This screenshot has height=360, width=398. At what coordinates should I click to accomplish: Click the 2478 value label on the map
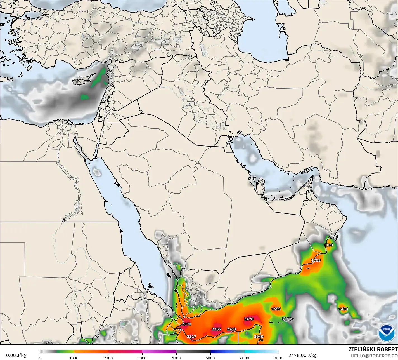point(248,319)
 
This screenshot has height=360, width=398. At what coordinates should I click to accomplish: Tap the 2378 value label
point(186,324)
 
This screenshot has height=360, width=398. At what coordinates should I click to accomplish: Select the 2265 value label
point(216,329)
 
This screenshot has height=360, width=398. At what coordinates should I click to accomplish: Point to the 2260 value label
point(231,329)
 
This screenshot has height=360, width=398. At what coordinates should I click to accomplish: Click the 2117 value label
point(191,337)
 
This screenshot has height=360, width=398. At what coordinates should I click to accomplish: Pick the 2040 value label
point(259,337)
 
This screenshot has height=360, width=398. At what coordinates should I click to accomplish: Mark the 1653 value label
point(276,309)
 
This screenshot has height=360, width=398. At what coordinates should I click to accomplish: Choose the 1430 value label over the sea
point(343,309)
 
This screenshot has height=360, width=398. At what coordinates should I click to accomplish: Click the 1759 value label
point(316,260)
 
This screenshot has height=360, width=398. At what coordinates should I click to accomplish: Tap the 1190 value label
point(328,245)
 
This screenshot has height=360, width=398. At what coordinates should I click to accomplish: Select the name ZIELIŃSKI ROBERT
point(373,349)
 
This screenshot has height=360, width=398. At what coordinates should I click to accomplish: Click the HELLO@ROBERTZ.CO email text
point(374,355)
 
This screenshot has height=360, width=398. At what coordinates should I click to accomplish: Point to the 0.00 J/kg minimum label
point(16,355)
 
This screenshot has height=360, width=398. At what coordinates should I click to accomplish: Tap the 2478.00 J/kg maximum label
point(302,355)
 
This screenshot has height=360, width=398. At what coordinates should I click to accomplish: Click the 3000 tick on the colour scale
point(142,358)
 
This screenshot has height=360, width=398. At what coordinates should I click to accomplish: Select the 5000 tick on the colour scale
point(210,358)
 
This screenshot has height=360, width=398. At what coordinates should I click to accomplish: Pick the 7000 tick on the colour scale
point(278,358)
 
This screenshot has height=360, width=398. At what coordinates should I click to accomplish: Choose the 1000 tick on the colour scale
point(74,358)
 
